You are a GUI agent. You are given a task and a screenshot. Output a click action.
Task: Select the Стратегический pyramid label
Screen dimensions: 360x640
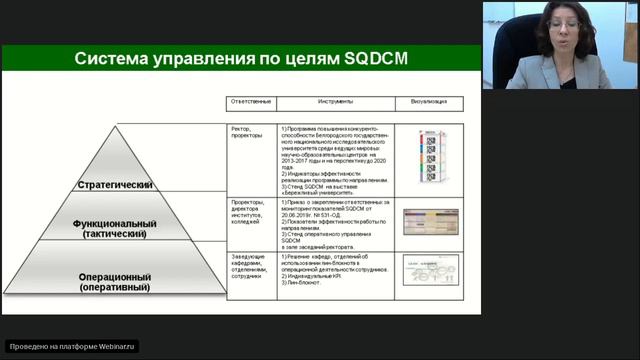click(x=115, y=185)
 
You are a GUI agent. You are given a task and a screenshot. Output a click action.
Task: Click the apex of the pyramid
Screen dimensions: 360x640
click(x=116, y=128)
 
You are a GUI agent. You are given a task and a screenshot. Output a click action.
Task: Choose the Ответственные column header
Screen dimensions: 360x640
click(x=253, y=103)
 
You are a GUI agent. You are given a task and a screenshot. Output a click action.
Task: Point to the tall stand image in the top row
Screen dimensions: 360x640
click(x=430, y=156)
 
